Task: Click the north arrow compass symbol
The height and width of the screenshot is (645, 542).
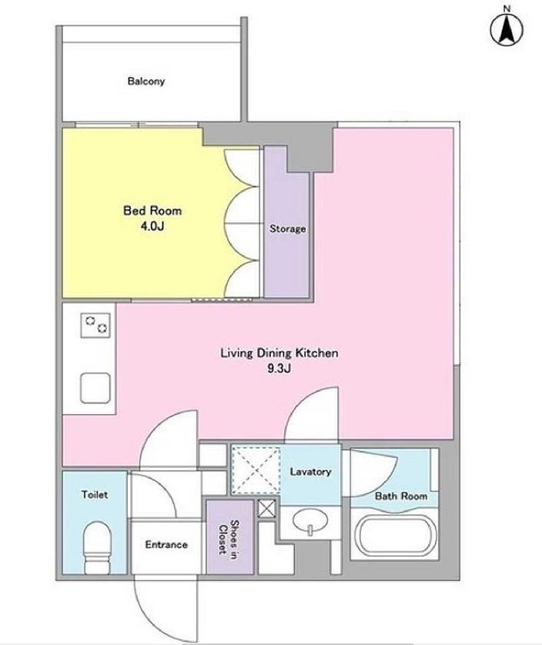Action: point(507,29)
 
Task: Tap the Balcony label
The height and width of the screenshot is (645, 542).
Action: point(146,81)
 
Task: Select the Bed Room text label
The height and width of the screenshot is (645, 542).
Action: point(152,211)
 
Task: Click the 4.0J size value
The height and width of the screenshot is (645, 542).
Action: point(152,226)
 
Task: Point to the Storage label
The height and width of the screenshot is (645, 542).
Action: point(288,229)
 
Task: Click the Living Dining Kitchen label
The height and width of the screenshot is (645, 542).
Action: point(279,353)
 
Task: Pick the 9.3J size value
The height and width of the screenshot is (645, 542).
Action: point(279,368)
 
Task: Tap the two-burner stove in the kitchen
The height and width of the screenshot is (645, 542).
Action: point(95,326)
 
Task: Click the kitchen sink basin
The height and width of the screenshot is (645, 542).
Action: point(95,388)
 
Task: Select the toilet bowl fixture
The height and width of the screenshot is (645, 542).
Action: point(98,547)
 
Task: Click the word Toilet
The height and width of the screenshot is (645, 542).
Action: point(95,494)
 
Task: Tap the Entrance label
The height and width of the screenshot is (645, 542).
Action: point(166,545)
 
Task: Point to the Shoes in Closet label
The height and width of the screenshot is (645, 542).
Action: point(229,537)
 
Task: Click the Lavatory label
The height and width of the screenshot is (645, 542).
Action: point(310,471)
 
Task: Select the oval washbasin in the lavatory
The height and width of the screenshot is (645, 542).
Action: point(310,521)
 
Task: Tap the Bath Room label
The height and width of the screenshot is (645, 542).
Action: point(401,496)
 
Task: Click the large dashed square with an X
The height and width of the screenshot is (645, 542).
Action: point(256,470)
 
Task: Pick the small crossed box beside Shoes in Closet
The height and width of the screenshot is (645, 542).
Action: point(267,509)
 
